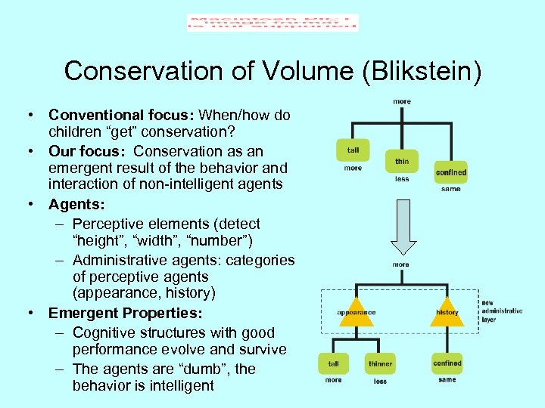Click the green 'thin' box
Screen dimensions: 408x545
(x=401, y=162)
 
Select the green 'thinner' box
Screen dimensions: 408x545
(x=380, y=363)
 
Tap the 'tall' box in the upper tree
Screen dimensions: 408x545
(x=353, y=150)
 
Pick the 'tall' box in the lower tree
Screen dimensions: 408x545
(x=333, y=363)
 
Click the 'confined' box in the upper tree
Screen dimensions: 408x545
(x=450, y=172)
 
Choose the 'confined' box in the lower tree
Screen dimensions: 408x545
(x=447, y=363)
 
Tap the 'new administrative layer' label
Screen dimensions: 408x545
(x=501, y=311)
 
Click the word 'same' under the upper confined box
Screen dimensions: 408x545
(x=450, y=189)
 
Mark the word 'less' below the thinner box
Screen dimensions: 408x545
(x=380, y=382)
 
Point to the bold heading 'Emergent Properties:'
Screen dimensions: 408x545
(x=124, y=313)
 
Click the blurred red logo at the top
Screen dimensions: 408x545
(x=272, y=23)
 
